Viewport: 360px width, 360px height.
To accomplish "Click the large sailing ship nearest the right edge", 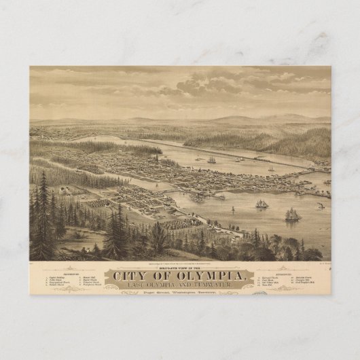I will pyautogui.click(x=292, y=214).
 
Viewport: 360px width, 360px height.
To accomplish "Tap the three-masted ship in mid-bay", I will pyautogui.click(x=261, y=203).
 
